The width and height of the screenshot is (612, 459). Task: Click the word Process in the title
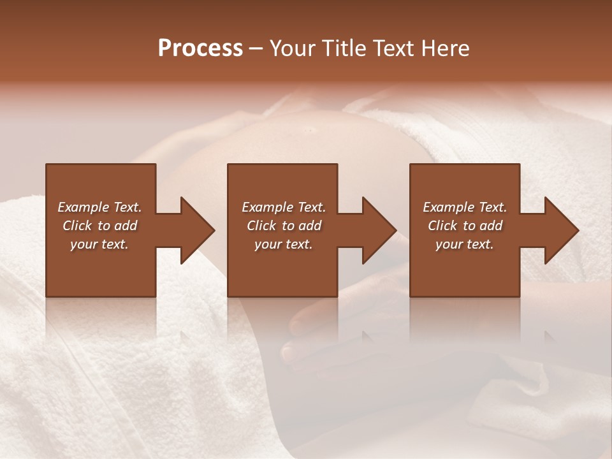(200, 48)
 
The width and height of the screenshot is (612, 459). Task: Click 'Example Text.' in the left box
(99, 207)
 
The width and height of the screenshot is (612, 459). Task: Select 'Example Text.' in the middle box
(284, 207)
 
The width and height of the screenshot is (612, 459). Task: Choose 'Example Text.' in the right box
(465, 207)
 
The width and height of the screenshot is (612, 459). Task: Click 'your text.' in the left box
(99, 244)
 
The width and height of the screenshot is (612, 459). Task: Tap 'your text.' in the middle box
(284, 244)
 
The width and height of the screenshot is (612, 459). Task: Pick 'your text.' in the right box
(465, 244)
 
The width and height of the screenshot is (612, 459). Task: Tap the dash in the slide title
(255, 49)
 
